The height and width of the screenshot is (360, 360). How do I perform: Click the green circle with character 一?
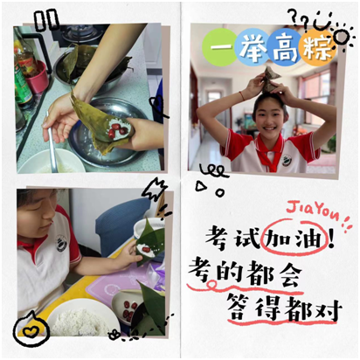(219, 47)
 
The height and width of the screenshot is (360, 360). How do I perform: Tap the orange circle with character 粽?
(317, 47)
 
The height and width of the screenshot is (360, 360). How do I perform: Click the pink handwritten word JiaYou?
(313, 211)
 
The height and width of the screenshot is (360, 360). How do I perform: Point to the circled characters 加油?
(294, 239)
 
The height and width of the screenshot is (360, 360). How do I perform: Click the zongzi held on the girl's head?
(271, 78)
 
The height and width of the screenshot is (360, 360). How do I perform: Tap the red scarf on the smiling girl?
(269, 152)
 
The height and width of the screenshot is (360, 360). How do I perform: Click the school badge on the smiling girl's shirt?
(287, 161)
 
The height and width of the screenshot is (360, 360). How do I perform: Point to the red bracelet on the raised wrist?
(242, 96)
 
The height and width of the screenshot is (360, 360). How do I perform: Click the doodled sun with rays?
(343, 37)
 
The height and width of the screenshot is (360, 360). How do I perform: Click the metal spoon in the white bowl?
(52, 142)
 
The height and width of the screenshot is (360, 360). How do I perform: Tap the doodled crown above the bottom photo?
(154, 189)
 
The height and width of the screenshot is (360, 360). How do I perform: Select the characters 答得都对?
(284, 309)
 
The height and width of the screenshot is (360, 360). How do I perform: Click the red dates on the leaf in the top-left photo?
(115, 130)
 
